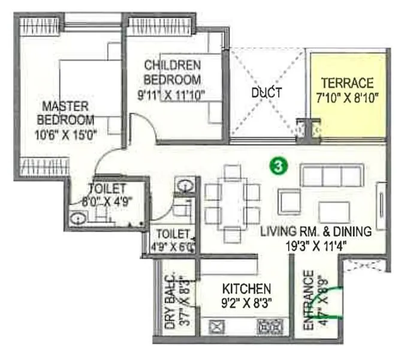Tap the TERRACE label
347,83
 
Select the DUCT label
267,93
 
